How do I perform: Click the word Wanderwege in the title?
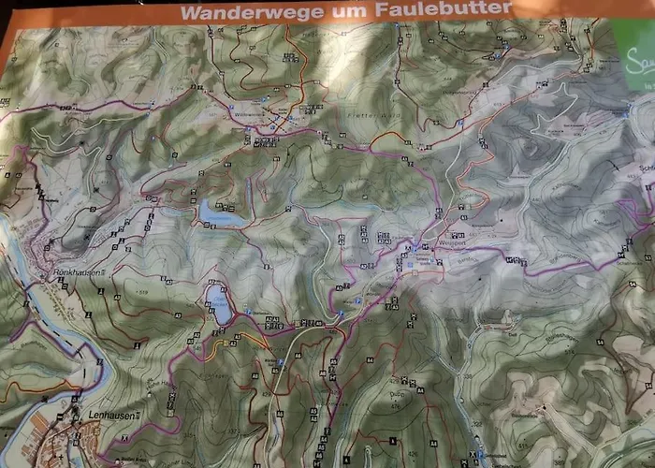coord(235,12)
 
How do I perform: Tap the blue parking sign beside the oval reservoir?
coord(246,311)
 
